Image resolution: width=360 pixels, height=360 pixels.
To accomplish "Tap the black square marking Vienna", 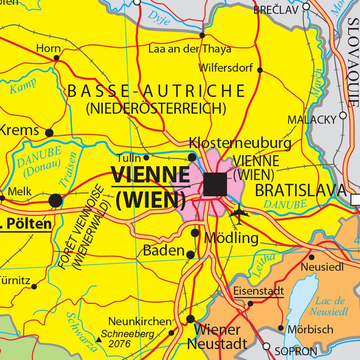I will [215, 184].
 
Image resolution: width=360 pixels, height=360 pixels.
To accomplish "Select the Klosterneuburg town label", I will [240, 143].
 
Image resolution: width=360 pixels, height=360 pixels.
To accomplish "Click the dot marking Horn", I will [56, 58].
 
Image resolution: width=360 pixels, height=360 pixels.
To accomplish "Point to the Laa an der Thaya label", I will [190, 49].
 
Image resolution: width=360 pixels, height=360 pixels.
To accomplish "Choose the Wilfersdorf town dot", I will [260, 70].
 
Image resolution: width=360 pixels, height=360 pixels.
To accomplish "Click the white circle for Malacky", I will [343, 115].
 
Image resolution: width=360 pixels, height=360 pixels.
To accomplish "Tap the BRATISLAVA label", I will [300, 191].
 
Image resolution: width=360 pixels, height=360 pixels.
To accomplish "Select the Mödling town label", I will [231, 238].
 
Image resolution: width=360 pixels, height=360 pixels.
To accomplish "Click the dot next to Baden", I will [191, 255].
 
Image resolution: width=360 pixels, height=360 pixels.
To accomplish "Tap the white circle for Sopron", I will [266, 346].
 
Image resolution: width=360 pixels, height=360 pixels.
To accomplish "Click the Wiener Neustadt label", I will [217, 336].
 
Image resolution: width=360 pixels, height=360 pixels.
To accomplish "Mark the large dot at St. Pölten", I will [55, 200].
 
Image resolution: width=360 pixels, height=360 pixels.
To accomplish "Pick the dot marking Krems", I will [49, 133].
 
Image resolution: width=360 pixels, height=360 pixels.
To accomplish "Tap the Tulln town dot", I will [146, 158].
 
